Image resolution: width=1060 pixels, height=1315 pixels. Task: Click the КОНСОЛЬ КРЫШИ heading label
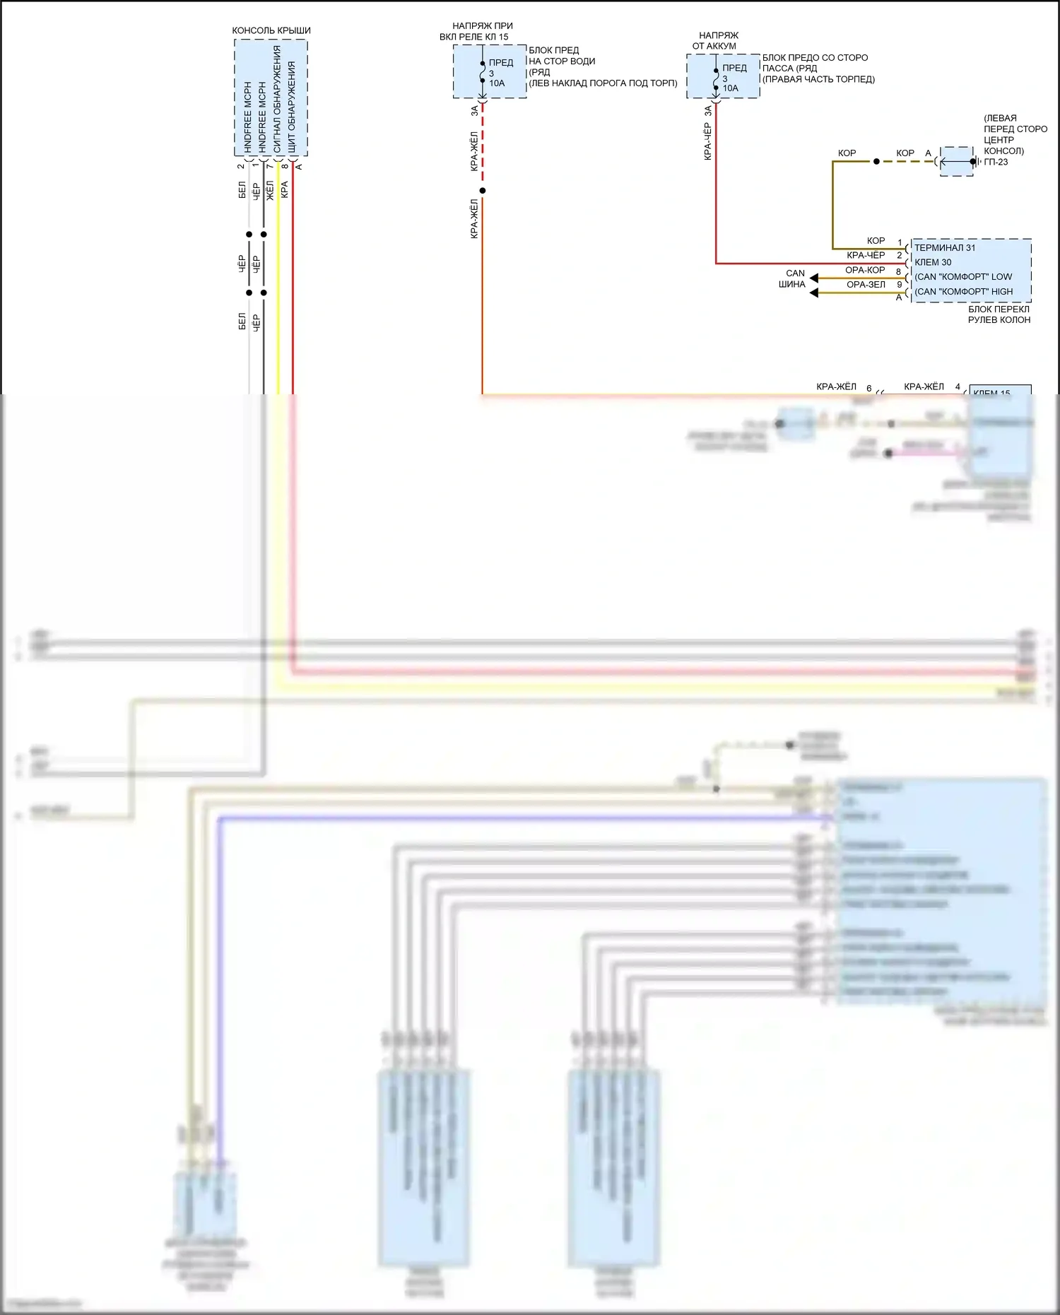click(x=271, y=30)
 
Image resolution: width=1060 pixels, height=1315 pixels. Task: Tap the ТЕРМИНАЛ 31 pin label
click(x=945, y=247)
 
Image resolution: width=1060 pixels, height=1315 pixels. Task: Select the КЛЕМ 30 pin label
click(x=933, y=262)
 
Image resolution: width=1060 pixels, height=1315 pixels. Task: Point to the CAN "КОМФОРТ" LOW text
click(x=963, y=277)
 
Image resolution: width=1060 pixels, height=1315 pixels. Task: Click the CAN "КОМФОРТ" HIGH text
click(x=964, y=292)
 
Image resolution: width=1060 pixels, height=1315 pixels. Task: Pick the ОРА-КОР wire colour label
click(x=865, y=270)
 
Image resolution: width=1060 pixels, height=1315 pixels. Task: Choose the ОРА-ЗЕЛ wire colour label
click(x=866, y=285)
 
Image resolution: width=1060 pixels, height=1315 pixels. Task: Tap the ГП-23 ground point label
click(x=996, y=162)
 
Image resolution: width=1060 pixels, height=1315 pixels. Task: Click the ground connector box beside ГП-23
click(x=957, y=162)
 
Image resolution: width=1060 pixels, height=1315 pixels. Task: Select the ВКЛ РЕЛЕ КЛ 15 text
click(x=473, y=37)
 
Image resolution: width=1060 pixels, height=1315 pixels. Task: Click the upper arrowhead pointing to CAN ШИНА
click(x=814, y=278)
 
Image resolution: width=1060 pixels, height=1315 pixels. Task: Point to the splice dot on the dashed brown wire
click(x=876, y=162)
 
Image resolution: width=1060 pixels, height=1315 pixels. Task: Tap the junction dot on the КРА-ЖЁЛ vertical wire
click(x=483, y=191)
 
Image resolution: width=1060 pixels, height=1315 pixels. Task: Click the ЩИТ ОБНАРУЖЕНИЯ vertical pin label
click(x=291, y=106)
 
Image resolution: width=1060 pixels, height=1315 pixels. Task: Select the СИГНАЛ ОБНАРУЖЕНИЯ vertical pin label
click(x=277, y=99)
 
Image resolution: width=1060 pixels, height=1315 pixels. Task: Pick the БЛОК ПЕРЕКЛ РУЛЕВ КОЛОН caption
click(x=999, y=314)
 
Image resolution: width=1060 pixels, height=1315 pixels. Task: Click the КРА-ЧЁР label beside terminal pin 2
click(x=866, y=255)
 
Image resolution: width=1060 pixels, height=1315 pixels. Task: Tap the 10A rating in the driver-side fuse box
click(x=497, y=83)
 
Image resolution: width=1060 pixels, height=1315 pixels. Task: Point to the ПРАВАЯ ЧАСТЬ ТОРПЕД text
click(x=819, y=79)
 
